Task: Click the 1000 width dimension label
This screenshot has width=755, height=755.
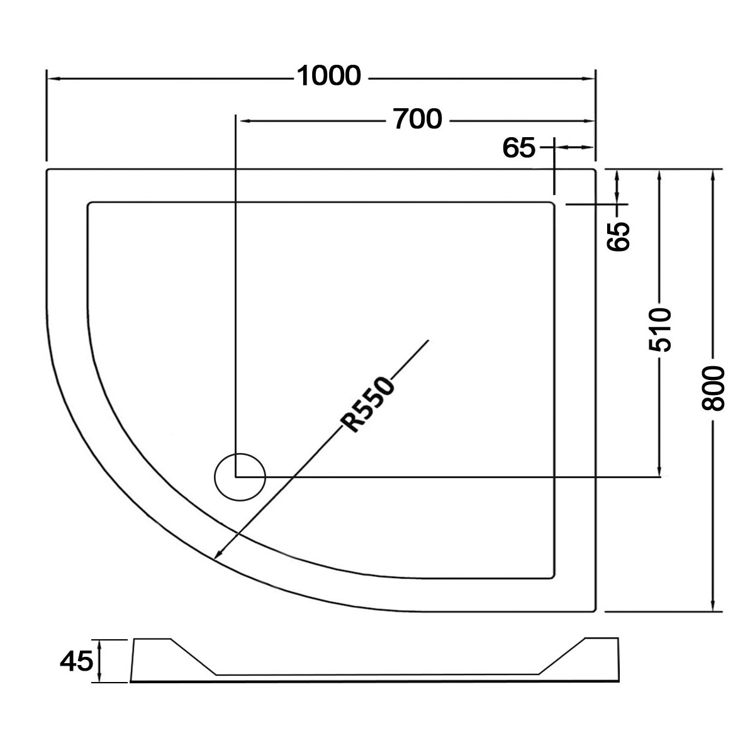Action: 328,75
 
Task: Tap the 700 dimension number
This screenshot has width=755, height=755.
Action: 418,119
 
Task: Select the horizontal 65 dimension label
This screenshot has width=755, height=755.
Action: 518,148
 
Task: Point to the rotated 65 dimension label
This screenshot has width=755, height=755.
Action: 618,237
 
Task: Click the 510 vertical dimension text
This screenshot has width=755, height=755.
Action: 660,330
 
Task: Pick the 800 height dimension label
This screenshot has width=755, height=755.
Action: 713,389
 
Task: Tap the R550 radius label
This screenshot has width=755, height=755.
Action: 367,405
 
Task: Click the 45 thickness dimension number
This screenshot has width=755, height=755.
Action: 76,661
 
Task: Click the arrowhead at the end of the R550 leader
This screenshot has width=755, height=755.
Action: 218,554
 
